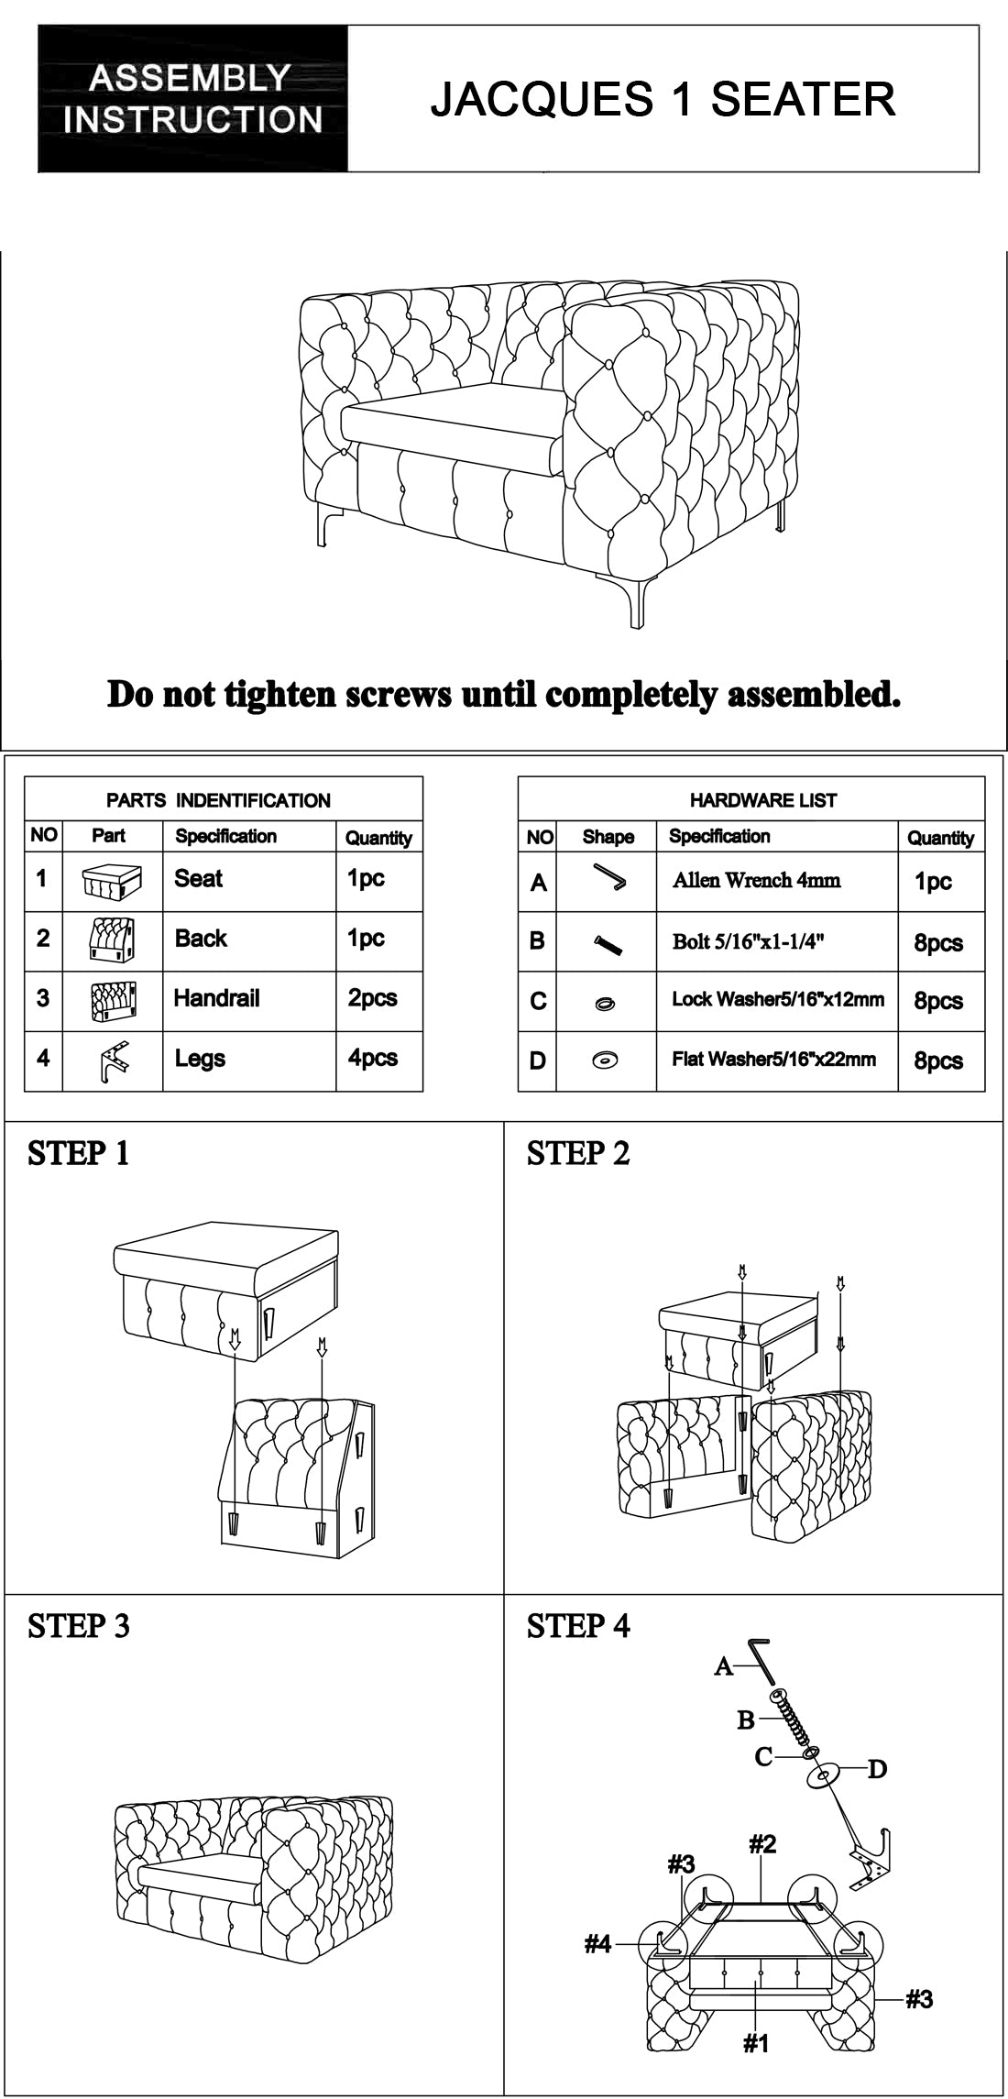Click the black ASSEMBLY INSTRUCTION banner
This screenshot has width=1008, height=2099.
pos(192,99)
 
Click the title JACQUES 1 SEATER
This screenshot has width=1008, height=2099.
pos(663,99)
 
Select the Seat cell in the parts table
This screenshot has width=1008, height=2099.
pos(199,878)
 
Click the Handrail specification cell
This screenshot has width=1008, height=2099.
pos(217,998)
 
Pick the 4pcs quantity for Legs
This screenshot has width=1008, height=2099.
pos(373,1058)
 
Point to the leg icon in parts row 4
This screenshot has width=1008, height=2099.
pos(112,1062)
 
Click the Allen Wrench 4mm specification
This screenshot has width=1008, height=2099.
pos(756,881)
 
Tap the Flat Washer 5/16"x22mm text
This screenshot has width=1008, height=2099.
pos(773,1060)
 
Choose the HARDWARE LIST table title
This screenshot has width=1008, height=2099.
pos(763,800)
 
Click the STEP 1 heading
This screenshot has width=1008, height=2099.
pos(79,1154)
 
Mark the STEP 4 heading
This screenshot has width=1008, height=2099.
pos(578,1626)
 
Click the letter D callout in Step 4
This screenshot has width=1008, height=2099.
pos(877,1769)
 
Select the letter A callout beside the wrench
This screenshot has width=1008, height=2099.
pos(724,1666)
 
